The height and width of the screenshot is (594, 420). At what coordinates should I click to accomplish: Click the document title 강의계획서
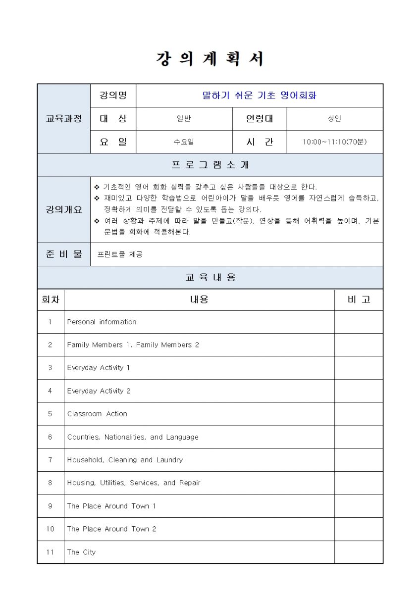point(210,59)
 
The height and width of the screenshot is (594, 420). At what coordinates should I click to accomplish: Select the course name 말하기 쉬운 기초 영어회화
point(259,95)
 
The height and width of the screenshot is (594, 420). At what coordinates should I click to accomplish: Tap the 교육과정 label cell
point(63,118)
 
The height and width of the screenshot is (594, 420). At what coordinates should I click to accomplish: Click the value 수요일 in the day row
point(184,142)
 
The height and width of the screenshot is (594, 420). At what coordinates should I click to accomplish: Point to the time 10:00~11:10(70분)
point(335,142)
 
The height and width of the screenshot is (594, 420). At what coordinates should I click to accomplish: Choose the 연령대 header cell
point(259,118)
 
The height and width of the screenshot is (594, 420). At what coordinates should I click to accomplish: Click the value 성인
point(335,118)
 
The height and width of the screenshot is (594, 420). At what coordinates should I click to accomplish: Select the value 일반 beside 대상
point(184,118)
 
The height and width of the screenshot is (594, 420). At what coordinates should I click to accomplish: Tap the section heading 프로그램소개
point(210,165)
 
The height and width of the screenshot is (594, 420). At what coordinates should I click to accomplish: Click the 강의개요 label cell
point(63,209)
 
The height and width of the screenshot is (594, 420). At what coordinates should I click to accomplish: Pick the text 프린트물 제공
point(120,254)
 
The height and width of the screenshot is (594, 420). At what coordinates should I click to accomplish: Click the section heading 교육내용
point(210,277)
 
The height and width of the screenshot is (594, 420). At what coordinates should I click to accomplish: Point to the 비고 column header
point(359,299)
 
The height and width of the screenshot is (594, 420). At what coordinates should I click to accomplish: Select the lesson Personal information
point(102,322)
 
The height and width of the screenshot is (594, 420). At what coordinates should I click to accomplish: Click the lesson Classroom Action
point(97,414)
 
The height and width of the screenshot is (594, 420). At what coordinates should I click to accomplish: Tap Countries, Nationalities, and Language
point(133,437)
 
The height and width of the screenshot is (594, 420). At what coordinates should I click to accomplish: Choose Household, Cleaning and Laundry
point(125,460)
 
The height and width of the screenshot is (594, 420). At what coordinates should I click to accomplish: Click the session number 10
point(50,529)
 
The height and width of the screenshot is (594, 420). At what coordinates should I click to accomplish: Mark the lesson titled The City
point(81,552)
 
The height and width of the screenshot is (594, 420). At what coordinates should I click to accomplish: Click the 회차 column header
point(50,299)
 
